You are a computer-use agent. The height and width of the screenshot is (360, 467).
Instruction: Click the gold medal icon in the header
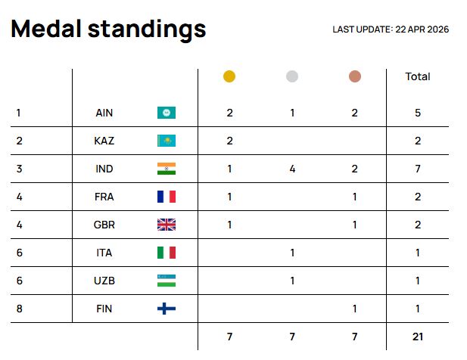coord(229,76)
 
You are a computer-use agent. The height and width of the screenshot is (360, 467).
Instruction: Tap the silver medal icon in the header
coord(292,76)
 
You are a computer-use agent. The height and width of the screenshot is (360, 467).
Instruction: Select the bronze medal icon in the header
coord(355,76)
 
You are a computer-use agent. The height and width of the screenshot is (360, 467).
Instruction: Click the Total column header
coord(418,76)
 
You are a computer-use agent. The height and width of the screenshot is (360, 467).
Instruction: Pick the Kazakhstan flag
coord(166,141)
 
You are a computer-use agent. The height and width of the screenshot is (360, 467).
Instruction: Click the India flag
coord(166,169)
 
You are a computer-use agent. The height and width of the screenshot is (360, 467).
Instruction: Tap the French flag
coord(166,197)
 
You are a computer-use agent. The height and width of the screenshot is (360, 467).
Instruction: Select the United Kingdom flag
coord(166,225)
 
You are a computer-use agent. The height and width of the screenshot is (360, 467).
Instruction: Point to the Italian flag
coord(166,253)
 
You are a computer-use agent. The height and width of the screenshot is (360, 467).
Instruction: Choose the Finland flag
coord(166,309)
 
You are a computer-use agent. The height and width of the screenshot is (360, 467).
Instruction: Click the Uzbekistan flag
coord(166,281)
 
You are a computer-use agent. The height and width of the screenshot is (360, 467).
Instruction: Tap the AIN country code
coord(104,113)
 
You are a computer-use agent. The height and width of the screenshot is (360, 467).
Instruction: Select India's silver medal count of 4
coord(292,169)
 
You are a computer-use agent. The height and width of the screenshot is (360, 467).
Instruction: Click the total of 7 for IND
coord(418,169)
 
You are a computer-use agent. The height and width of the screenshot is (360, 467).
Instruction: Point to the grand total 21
coord(418,336)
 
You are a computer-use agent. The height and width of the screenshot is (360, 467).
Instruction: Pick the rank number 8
coord(18,309)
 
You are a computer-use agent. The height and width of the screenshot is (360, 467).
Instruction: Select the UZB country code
coord(104,281)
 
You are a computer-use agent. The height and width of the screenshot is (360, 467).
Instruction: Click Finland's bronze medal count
coord(355,309)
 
